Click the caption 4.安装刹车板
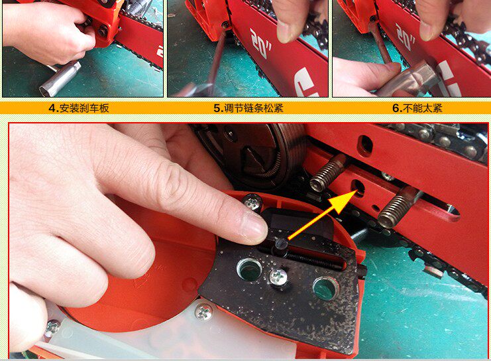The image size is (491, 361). point(79,108)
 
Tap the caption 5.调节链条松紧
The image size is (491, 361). point(248,108)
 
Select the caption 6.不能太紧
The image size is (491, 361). point(417,108)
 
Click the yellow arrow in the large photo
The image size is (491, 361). point(323,216)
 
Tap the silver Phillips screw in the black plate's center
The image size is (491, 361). point(278,277)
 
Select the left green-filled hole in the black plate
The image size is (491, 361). point(250,269)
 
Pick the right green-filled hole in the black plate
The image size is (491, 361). point(325,288)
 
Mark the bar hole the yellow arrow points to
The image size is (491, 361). point(358,188)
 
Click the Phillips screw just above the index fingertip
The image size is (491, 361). point(252,202)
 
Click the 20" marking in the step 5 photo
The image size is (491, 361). point(260,43)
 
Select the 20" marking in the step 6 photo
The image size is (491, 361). point(405,36)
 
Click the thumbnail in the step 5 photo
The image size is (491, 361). point(285,31)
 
